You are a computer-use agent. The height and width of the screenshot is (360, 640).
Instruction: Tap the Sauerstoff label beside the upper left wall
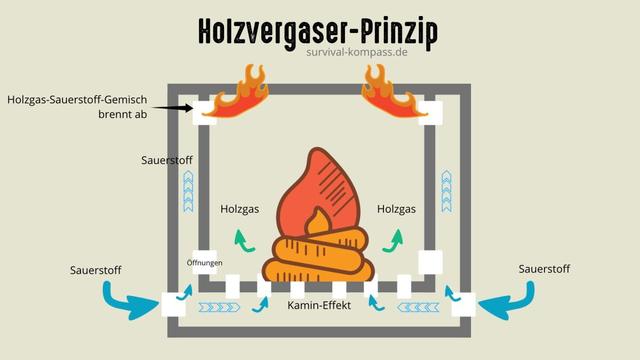click(x=167, y=160)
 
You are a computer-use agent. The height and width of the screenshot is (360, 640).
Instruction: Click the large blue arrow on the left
click(x=131, y=299)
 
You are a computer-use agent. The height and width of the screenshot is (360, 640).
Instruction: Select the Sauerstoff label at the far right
click(x=545, y=269)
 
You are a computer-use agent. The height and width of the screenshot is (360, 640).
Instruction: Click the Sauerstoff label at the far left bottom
click(x=96, y=270)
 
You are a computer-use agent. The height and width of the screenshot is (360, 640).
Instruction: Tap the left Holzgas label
click(x=240, y=209)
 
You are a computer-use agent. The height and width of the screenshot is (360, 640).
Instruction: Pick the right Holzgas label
click(x=397, y=209)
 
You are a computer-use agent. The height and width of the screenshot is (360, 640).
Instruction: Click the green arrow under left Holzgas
click(x=239, y=241)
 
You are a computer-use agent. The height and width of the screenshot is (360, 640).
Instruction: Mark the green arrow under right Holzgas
click(x=396, y=240)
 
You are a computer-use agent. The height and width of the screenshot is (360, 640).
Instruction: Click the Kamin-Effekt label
click(x=319, y=304)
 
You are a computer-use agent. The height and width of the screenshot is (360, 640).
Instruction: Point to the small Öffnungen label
click(x=204, y=263)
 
